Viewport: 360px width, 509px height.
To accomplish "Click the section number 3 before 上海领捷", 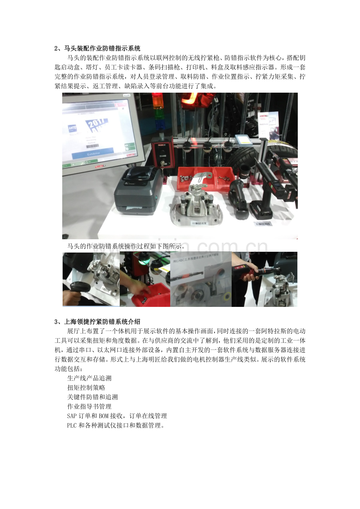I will click(x=56, y=322).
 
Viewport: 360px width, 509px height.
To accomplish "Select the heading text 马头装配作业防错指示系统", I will click(x=102, y=49).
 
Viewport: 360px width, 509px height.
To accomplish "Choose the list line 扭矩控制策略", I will click(x=86, y=388).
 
